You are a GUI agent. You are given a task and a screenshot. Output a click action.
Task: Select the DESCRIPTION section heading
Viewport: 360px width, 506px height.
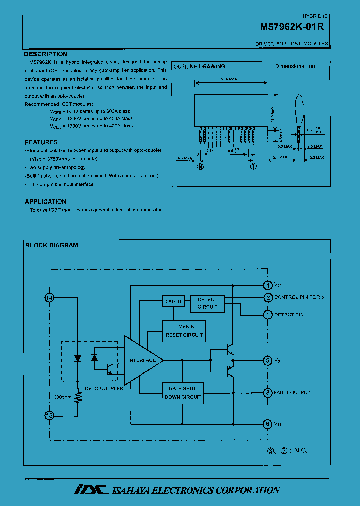46,54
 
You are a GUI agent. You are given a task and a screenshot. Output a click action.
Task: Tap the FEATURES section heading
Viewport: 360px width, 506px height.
41,142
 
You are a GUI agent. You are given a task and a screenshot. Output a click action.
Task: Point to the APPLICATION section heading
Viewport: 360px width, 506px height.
46,202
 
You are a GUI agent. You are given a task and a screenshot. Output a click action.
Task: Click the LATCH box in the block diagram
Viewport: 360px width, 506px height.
173,301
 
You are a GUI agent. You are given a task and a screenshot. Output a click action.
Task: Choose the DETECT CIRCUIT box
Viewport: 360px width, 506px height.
207,303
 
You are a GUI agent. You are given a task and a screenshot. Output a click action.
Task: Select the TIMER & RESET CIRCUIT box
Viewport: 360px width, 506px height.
184,331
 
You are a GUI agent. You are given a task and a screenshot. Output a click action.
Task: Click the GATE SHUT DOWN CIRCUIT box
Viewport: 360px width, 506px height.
183,393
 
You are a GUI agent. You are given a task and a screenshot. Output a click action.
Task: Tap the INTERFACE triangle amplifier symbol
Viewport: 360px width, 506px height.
142,360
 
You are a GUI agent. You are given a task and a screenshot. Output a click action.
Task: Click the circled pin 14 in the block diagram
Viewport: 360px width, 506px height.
49,298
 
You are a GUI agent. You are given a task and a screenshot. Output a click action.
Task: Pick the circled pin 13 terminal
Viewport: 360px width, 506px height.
49,415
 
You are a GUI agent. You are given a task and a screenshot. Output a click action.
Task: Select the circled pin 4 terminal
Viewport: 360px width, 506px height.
268,285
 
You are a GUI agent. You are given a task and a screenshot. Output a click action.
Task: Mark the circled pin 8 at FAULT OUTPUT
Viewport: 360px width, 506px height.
268,393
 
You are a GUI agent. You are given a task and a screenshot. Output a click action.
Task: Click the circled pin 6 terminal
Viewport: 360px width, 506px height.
268,423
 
